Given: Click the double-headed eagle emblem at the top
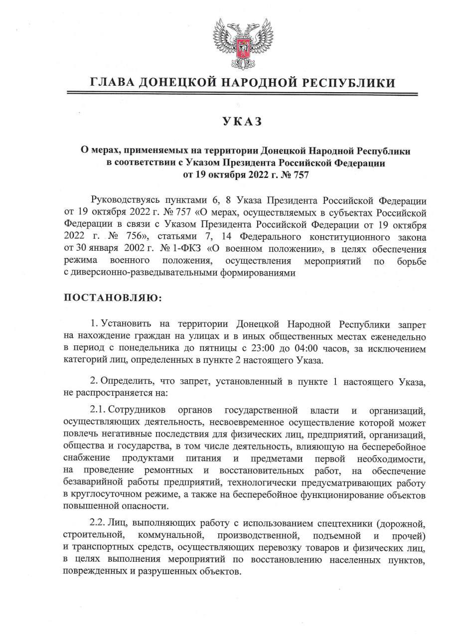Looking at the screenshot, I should point(241,42).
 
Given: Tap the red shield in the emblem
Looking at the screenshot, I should point(241,47).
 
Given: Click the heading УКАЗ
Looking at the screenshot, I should point(241,122).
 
